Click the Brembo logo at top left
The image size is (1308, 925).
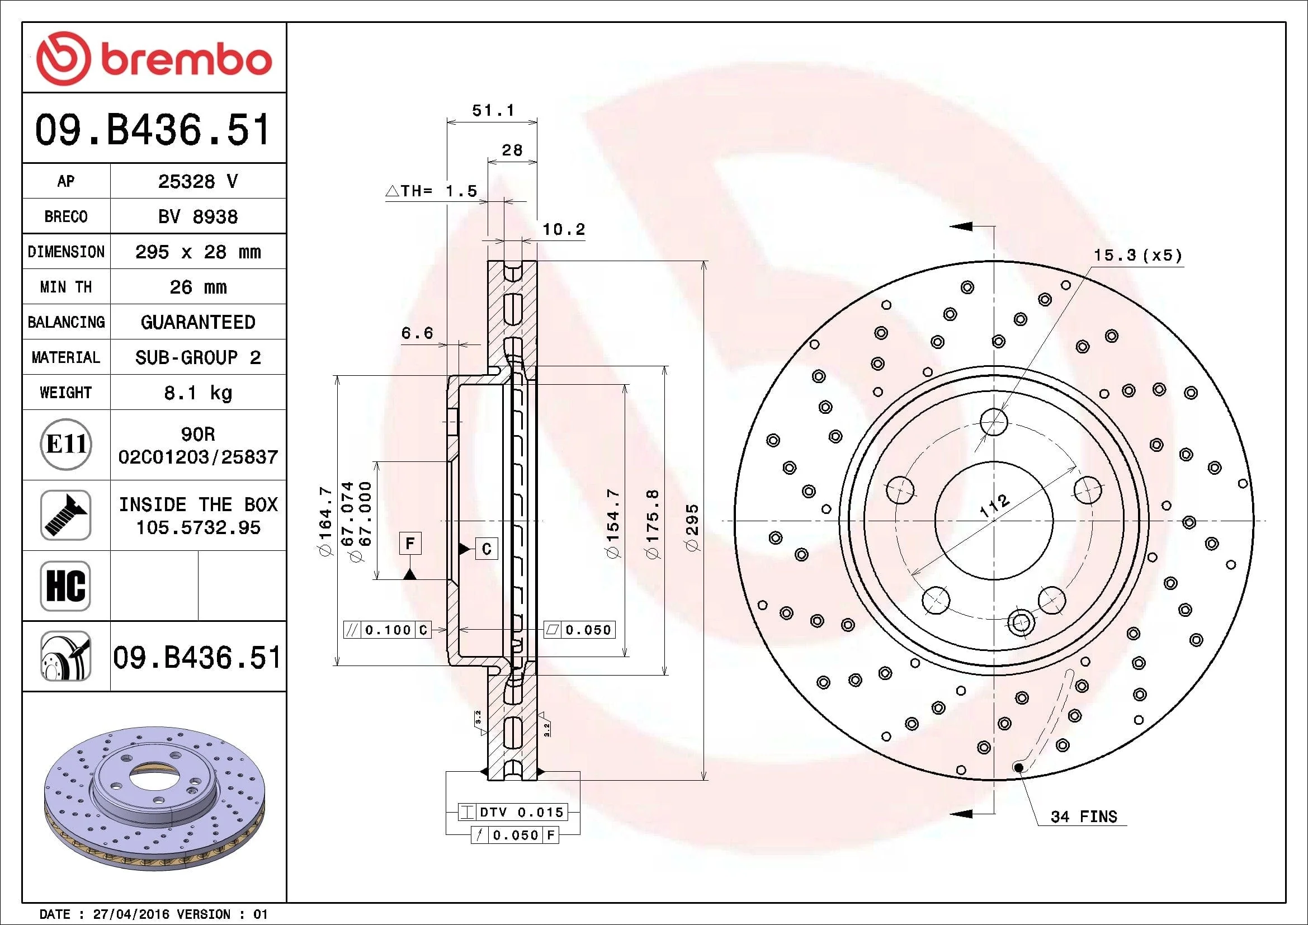tap(154, 59)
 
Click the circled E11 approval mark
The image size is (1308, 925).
tap(67, 444)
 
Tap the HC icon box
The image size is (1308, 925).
tap(65, 586)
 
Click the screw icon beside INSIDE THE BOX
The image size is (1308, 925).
tap(65, 515)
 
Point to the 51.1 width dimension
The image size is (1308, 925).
tap(493, 110)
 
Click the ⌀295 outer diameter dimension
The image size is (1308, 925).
tap(692, 527)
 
